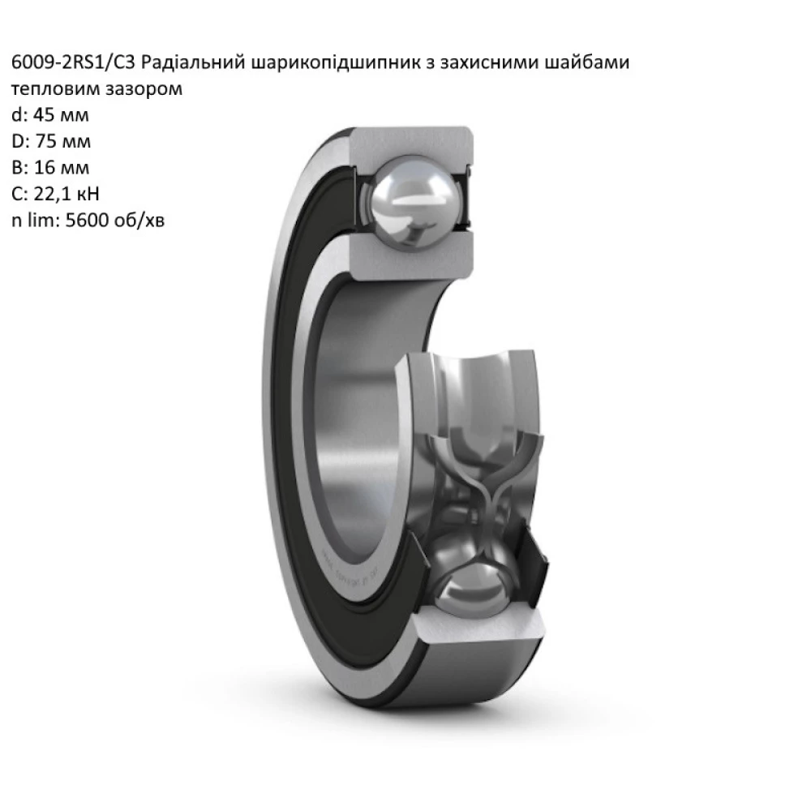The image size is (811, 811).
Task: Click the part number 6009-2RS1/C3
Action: (x=78, y=63)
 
